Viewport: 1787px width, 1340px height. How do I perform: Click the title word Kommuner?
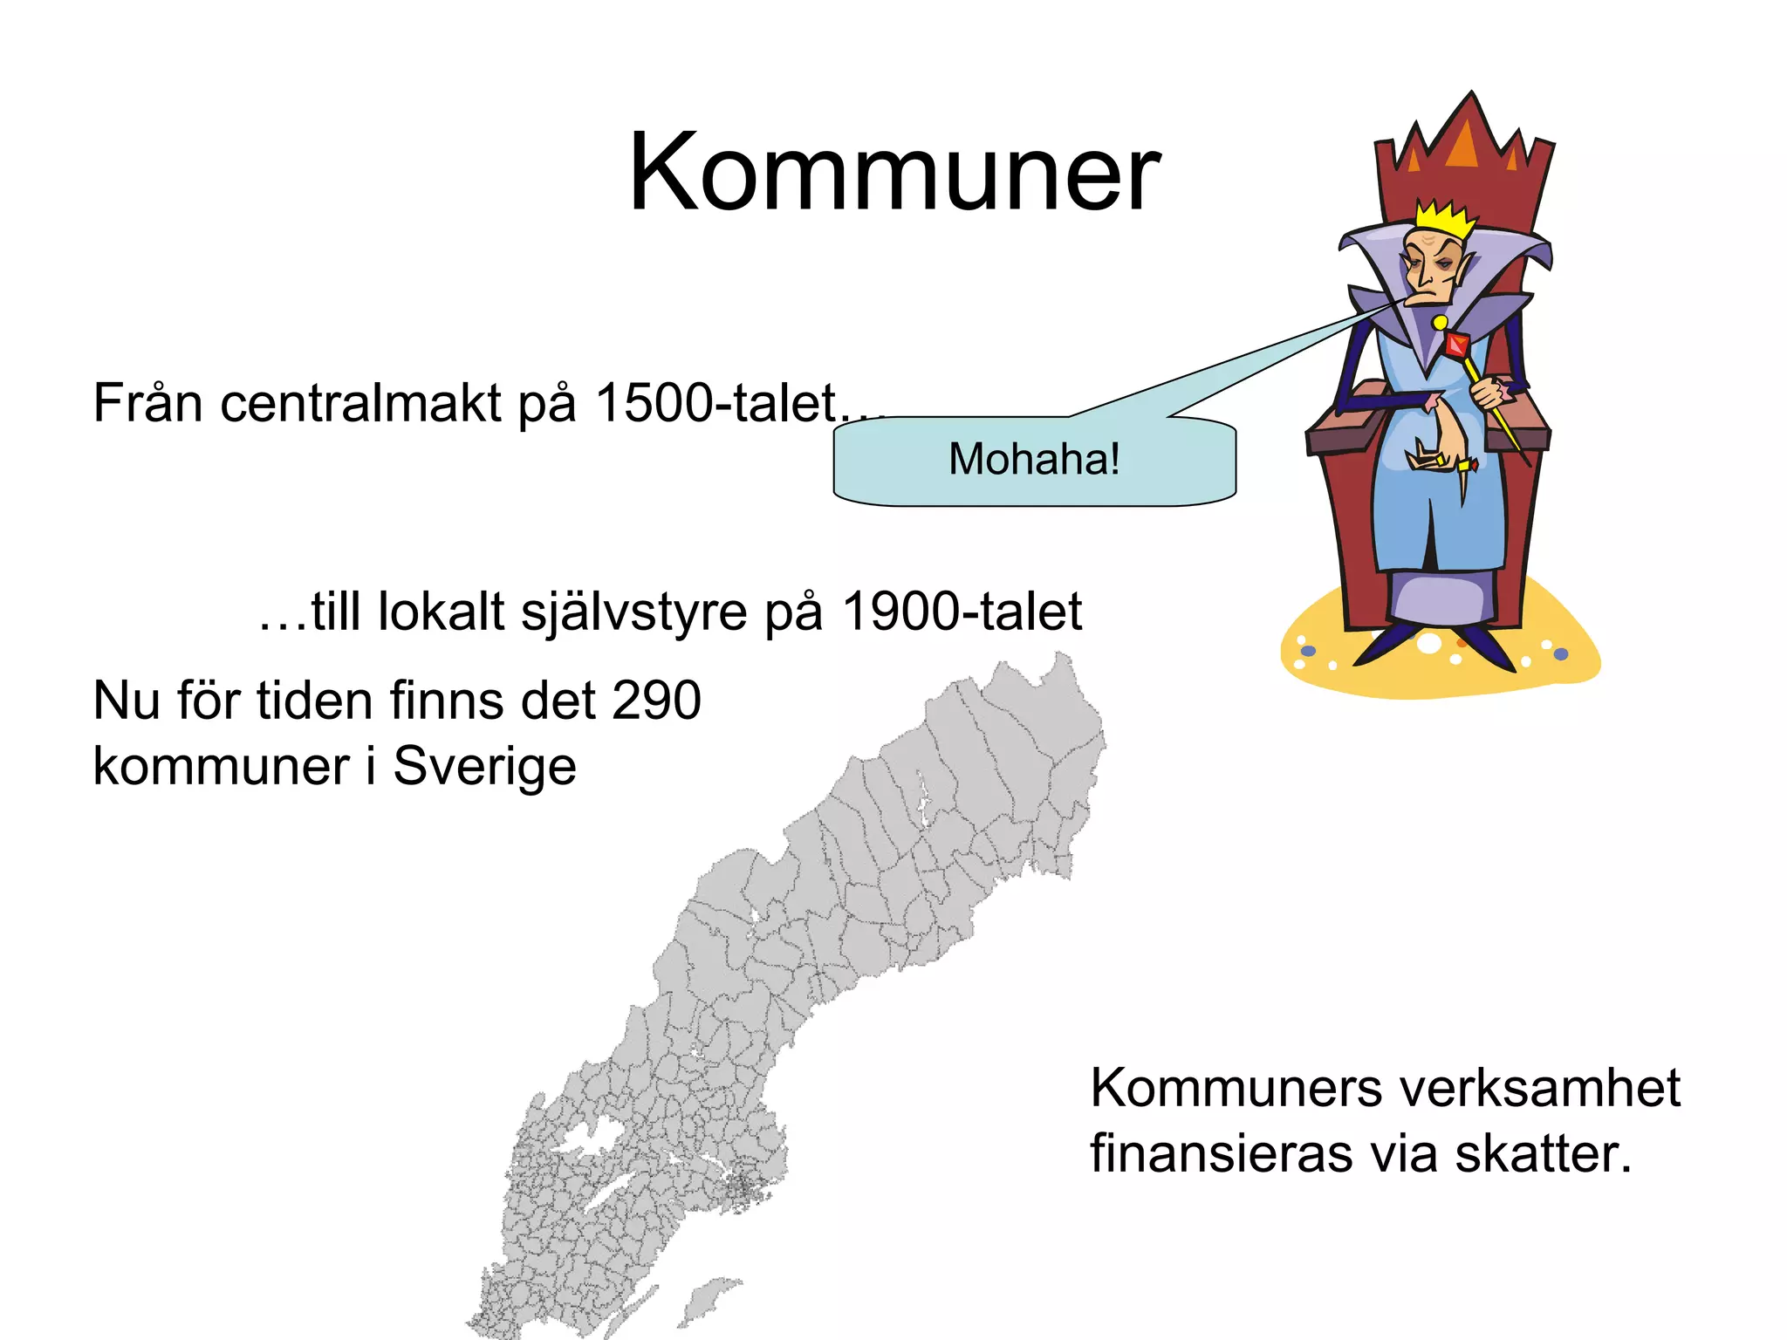pos(893,172)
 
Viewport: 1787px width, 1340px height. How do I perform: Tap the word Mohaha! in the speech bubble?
pos(1034,459)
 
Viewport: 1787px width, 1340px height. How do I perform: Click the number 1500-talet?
pos(715,403)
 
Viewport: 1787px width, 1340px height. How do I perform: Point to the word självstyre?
pos(633,612)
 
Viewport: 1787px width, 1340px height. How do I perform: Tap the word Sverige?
pos(484,767)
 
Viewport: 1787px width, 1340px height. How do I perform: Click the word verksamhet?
pos(1539,1088)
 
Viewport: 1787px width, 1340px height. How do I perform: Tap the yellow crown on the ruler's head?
pos(1445,218)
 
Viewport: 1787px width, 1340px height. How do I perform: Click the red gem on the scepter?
pos(1457,345)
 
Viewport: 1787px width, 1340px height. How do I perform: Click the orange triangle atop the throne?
pos(1463,144)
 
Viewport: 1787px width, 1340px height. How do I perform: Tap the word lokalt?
pos(441,612)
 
